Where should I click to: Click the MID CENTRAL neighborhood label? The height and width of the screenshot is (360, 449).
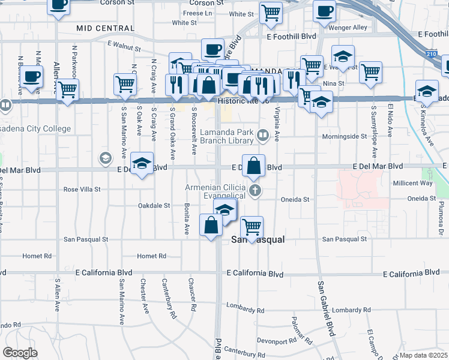(x=104, y=28)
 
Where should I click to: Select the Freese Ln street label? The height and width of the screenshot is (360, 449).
(x=198, y=13)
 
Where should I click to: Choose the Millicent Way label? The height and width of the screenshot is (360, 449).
(x=412, y=183)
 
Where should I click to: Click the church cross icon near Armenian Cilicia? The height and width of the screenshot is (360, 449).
(x=255, y=191)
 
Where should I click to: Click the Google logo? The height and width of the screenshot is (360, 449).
(x=20, y=353)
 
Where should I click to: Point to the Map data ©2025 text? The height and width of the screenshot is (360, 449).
(x=423, y=355)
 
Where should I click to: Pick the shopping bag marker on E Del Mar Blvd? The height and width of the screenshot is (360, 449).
(x=253, y=166)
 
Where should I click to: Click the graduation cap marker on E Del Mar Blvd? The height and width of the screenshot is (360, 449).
(x=142, y=164)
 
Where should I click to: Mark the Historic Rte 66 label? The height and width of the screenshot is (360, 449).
(x=241, y=101)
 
